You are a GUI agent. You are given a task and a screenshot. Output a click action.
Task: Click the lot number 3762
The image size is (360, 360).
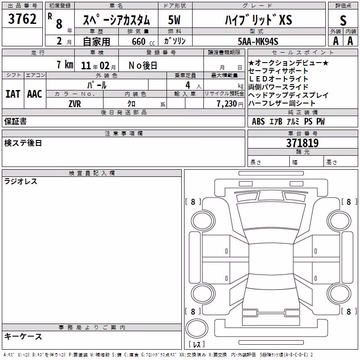[22, 19]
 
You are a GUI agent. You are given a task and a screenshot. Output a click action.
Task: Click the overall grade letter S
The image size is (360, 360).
[343, 20]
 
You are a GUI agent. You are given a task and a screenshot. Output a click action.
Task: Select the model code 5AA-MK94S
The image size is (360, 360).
[258, 41]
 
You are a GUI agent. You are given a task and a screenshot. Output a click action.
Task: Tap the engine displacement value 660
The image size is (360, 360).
[139, 41]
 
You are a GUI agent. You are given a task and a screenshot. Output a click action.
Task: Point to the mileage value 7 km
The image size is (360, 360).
[65, 65]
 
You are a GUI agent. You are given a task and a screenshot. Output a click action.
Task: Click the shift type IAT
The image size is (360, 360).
[13, 94]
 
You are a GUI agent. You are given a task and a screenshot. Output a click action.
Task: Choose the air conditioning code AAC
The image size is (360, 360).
[35, 94]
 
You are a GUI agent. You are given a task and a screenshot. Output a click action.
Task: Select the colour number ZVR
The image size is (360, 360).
[75, 104]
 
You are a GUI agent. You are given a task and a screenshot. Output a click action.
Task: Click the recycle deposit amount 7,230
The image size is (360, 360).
[227, 104]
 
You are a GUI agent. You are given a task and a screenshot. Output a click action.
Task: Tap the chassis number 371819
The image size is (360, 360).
[302, 143]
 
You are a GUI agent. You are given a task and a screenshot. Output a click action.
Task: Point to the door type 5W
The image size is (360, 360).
[174, 20]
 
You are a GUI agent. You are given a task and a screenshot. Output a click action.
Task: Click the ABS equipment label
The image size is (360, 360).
[258, 121]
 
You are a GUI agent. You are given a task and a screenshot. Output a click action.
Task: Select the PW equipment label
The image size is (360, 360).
[321, 121]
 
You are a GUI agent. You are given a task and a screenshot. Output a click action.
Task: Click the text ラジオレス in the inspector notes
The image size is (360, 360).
[21, 181]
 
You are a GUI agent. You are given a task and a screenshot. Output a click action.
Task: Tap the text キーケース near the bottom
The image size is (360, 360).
[23, 337]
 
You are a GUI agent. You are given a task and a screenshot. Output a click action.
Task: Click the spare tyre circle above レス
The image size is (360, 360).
[197, 328]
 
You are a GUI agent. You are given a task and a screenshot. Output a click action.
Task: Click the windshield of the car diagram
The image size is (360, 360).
[271, 216]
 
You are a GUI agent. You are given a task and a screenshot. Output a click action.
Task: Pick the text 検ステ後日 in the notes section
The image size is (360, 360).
[23, 143]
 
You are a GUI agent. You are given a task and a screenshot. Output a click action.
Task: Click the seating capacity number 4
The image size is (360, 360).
[188, 85]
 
